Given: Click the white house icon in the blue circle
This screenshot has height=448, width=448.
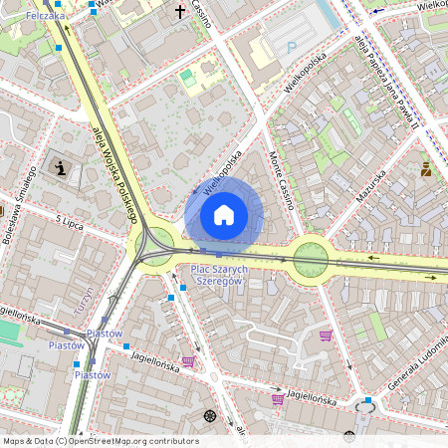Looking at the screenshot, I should [x=224, y=215].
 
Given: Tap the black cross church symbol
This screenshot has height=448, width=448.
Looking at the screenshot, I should [x=180, y=13].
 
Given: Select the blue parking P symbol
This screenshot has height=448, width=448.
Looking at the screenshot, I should [x=292, y=47].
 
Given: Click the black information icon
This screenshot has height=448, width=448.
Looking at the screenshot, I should [x=62, y=168].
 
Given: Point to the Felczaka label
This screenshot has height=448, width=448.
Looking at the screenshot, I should [x=45, y=17].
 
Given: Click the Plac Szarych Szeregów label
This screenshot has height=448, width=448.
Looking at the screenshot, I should [x=219, y=276].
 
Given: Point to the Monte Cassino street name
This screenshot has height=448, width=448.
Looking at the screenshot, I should [x=280, y=179].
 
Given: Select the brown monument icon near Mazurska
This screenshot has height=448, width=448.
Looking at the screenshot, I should [x=426, y=169].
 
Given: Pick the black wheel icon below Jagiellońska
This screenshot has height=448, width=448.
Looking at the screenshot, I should [x=209, y=415].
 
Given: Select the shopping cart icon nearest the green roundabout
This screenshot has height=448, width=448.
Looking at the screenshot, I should [x=326, y=335].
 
